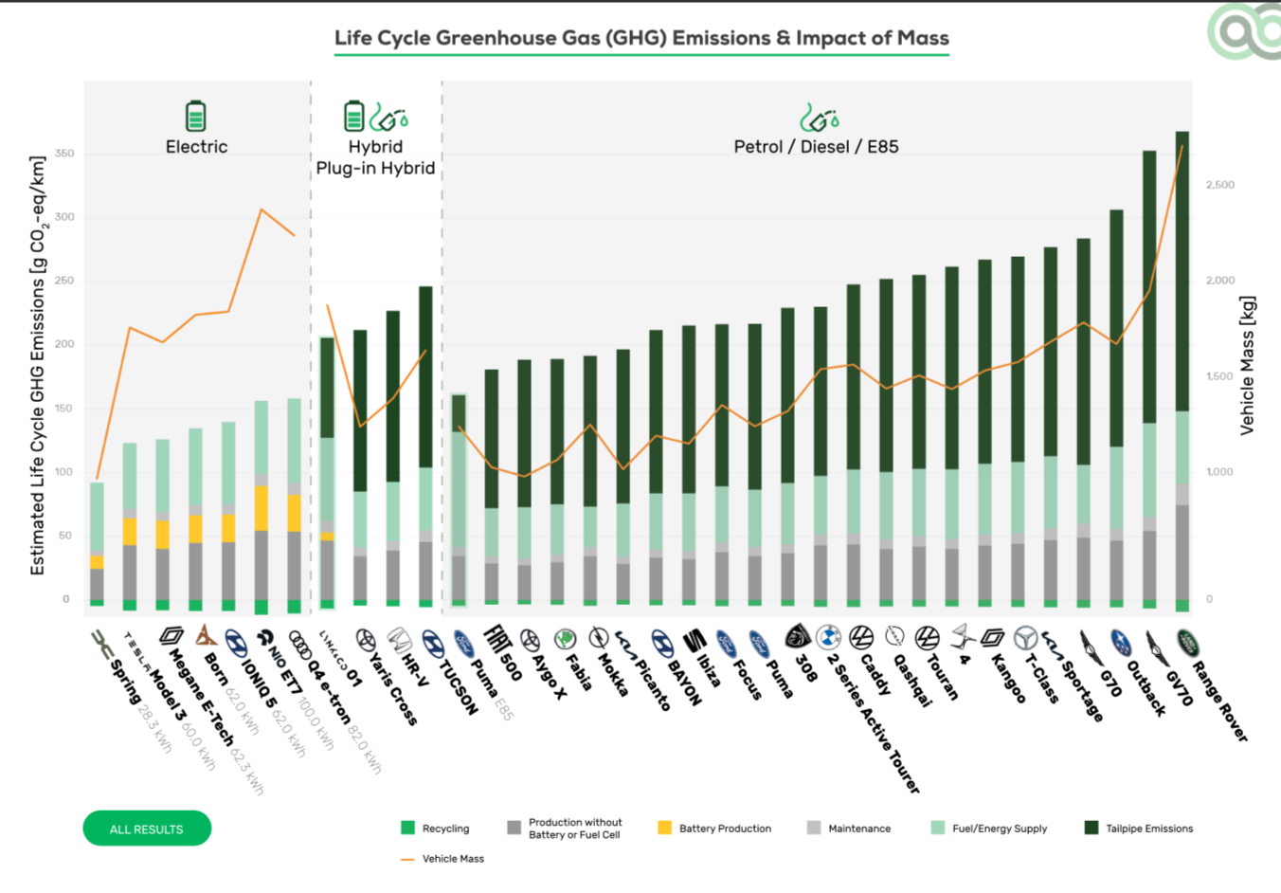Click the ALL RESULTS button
(147, 829)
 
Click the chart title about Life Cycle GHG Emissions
(641, 38)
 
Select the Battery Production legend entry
(715, 829)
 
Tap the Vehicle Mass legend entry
(443, 859)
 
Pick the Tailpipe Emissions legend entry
(1139, 829)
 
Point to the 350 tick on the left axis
(64, 154)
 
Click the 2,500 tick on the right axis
(1220, 185)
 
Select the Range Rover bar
(1182, 370)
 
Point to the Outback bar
(1149, 379)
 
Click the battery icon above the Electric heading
(195, 116)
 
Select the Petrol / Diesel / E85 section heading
(816, 147)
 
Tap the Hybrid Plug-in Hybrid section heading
(375, 157)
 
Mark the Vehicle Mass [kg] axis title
(1247, 365)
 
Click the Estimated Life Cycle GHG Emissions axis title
(38, 365)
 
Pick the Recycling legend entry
(436, 829)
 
